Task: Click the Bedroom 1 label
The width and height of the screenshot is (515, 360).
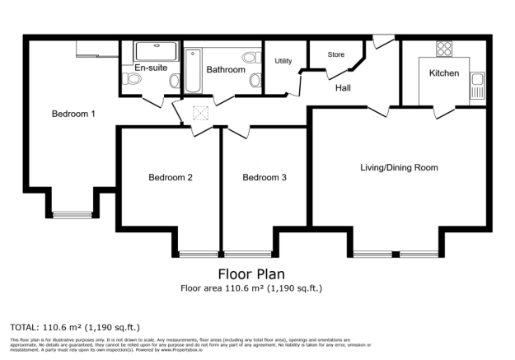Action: point(73,114)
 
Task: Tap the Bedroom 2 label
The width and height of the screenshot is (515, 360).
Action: point(171,177)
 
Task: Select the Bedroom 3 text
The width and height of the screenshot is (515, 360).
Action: point(265,177)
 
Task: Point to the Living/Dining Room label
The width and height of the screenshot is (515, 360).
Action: point(399,167)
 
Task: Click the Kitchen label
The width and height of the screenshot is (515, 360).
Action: point(443,73)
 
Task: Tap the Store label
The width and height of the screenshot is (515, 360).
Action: point(335,55)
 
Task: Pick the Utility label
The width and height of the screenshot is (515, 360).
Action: point(283,61)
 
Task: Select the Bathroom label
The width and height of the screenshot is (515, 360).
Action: point(226,70)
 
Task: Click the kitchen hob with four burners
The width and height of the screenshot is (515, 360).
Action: point(443,48)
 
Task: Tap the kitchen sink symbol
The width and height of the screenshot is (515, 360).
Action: point(477,84)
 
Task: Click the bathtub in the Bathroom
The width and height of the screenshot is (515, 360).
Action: point(192,72)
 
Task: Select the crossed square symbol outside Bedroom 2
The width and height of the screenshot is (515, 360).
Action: point(199,115)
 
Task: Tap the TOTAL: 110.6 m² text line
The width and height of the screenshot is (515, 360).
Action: point(63,327)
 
